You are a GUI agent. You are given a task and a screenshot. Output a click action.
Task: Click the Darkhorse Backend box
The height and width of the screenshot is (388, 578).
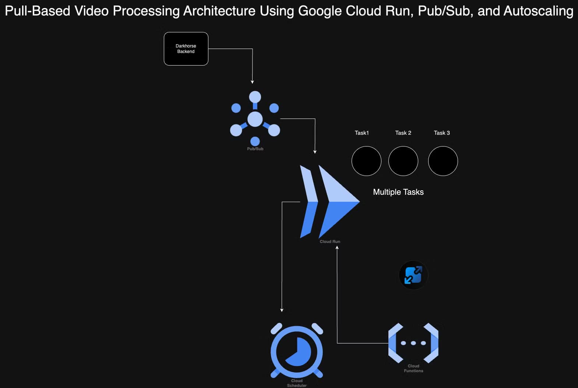pyautogui.click(x=186, y=49)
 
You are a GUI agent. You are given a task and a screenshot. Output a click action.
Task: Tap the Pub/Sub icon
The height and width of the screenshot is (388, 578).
pyautogui.click(x=255, y=119)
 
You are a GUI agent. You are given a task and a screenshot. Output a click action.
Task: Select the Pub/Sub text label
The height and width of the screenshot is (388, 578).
pyautogui.click(x=255, y=149)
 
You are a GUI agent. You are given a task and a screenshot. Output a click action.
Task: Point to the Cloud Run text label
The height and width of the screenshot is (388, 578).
pyautogui.click(x=330, y=241)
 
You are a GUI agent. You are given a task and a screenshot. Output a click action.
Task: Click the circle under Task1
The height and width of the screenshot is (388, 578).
pyautogui.click(x=366, y=161)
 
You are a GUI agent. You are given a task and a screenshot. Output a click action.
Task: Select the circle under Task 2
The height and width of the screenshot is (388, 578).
pyautogui.click(x=403, y=161)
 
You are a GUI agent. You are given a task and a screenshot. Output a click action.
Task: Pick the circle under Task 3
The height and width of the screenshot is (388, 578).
pyautogui.click(x=443, y=161)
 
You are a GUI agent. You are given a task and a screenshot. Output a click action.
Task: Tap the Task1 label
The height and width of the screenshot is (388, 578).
pyautogui.click(x=362, y=133)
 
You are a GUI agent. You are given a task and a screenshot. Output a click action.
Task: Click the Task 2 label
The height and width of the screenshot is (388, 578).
pyautogui.click(x=403, y=133)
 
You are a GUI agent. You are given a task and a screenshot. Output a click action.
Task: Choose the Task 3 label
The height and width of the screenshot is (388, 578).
pyautogui.click(x=442, y=133)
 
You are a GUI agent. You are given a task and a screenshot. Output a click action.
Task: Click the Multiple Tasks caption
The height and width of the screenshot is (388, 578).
pyautogui.click(x=398, y=192)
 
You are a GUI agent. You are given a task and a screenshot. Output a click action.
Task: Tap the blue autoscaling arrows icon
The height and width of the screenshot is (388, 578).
pyautogui.click(x=413, y=275)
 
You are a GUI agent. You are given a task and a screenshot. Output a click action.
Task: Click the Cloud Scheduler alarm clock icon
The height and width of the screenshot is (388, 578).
pyautogui.click(x=297, y=351)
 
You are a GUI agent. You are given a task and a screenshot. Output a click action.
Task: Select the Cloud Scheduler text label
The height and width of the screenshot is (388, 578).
pyautogui.click(x=297, y=383)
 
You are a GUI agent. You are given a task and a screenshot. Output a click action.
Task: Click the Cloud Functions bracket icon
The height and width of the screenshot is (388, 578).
pyautogui.click(x=413, y=343)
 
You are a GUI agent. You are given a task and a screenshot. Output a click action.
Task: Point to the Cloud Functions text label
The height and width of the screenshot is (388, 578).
pyautogui.click(x=413, y=368)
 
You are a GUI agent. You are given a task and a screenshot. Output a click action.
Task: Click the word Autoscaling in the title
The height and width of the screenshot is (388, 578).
pyautogui.click(x=538, y=11)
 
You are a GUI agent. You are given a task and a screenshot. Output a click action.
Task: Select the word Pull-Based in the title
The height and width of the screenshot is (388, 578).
pyautogui.click(x=37, y=11)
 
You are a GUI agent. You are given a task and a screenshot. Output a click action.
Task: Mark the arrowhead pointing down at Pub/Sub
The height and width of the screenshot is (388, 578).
pyautogui.click(x=253, y=82)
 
